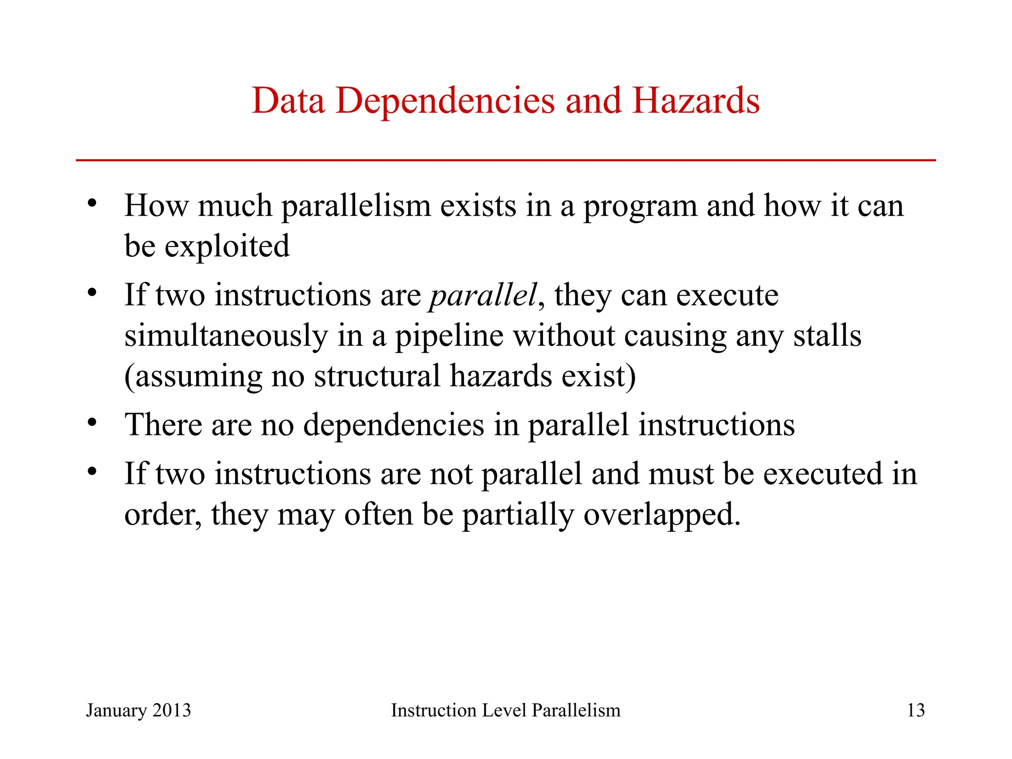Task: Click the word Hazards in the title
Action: [x=696, y=101]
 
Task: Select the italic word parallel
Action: [x=483, y=295]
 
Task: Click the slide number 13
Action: [x=916, y=710]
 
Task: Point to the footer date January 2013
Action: [x=138, y=710]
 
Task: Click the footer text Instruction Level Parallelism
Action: [x=506, y=710]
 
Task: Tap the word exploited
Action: [x=227, y=246]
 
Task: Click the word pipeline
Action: [x=449, y=336]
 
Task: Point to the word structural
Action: [x=377, y=376]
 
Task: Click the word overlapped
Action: [x=662, y=515]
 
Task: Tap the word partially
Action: [x=518, y=515]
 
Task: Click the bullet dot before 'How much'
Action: [x=92, y=203]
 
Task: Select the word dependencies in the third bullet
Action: [x=393, y=425]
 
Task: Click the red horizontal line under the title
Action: [x=506, y=160]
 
